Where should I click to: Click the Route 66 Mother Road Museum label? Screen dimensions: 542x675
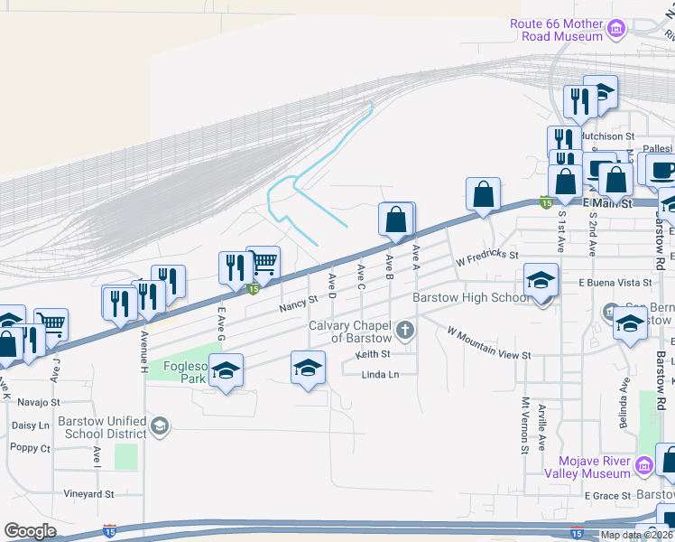click(x=556, y=30)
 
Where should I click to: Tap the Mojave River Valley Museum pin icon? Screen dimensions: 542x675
click(x=643, y=466)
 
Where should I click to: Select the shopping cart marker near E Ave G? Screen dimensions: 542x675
click(x=263, y=263)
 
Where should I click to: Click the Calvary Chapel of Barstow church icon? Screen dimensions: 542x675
click(x=405, y=330)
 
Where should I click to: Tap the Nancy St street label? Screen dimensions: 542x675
click(x=299, y=303)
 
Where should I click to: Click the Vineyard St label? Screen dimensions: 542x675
click(x=88, y=494)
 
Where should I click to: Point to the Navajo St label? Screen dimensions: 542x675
click(x=37, y=401)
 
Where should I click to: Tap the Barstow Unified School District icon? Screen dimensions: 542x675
click(x=160, y=425)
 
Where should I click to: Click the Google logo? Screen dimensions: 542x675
click(x=30, y=530)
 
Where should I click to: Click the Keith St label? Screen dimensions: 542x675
click(x=372, y=354)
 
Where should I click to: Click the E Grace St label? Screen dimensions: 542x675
click(x=607, y=496)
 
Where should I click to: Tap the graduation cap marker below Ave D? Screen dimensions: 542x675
click(x=308, y=368)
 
